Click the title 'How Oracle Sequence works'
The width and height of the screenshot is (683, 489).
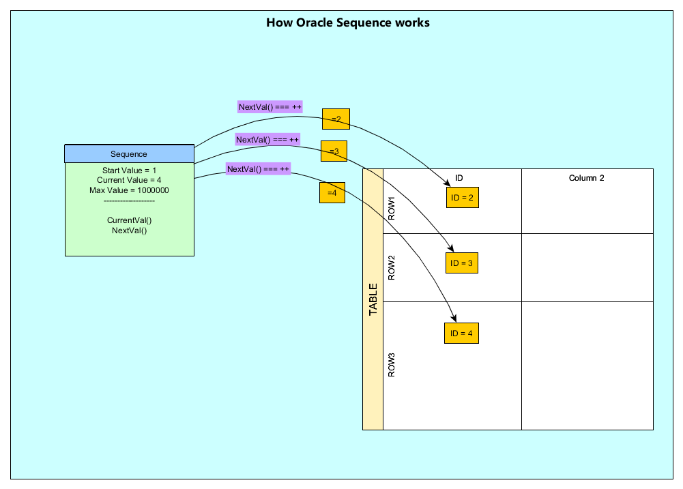click(347, 23)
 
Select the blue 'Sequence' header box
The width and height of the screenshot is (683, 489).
click(129, 154)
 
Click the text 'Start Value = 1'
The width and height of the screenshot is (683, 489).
click(129, 170)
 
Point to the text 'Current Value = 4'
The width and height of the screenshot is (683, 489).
click(129, 180)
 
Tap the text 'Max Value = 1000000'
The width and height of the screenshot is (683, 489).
click(129, 190)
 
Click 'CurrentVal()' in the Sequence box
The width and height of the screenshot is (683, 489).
click(129, 220)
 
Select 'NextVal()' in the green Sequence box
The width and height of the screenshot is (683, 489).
click(129, 231)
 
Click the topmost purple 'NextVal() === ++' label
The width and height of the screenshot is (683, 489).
click(270, 107)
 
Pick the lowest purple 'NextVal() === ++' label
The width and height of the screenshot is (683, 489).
click(259, 168)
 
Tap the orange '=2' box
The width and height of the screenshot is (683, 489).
click(336, 119)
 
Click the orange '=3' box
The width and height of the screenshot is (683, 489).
click(334, 151)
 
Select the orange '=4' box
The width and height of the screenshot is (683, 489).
click(332, 193)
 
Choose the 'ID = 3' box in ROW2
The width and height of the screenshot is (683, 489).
click(462, 263)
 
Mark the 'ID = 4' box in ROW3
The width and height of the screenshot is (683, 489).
click(461, 334)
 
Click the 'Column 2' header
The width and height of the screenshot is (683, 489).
click(587, 178)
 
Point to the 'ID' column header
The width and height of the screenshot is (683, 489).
click(459, 178)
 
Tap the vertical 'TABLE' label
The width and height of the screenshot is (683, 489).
click(373, 299)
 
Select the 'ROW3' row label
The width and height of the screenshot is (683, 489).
click(392, 365)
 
